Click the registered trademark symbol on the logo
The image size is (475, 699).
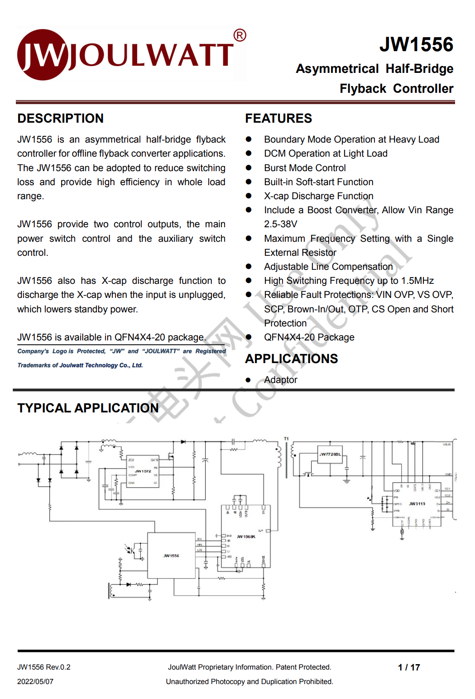tap(240, 35)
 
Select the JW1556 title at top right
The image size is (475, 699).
tap(416, 44)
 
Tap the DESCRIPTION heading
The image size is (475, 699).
tap(60, 119)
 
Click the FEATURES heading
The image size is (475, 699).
tap(278, 119)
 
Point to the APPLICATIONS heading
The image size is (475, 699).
tap(291, 359)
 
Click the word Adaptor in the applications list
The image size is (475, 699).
tap(281, 380)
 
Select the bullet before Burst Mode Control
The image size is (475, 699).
tap(249, 168)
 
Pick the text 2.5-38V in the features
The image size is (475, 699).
tap(281, 225)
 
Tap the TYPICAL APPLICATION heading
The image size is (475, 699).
tap(88, 408)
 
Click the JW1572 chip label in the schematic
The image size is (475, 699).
tap(143, 471)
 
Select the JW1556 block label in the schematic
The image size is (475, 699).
tap(171, 555)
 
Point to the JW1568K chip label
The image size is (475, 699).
tap(246, 536)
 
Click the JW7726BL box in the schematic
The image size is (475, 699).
tap(330, 455)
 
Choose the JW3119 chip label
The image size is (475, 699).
tap(417, 504)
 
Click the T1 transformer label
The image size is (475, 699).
tap(286, 439)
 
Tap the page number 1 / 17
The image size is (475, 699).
tap(409, 667)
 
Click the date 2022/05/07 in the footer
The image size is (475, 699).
tap(35, 682)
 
